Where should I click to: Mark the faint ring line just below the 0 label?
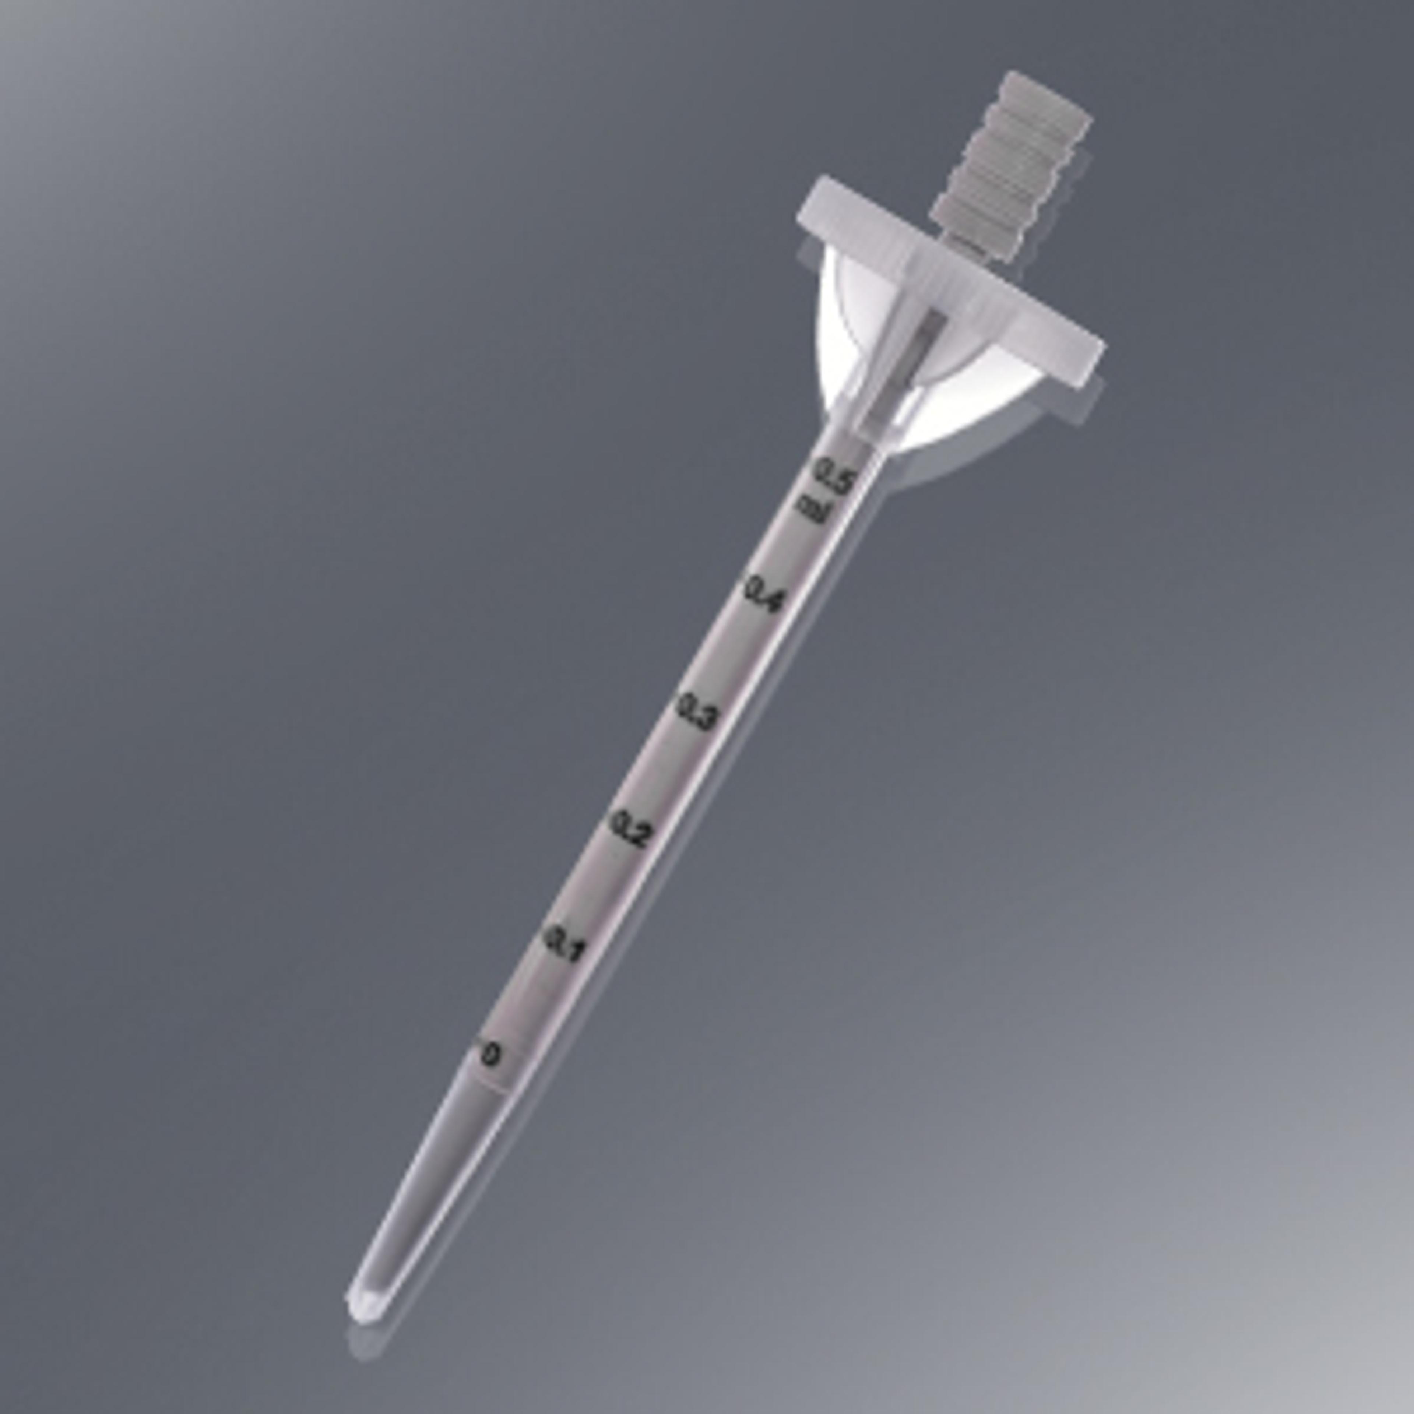[x=483, y=1082]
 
